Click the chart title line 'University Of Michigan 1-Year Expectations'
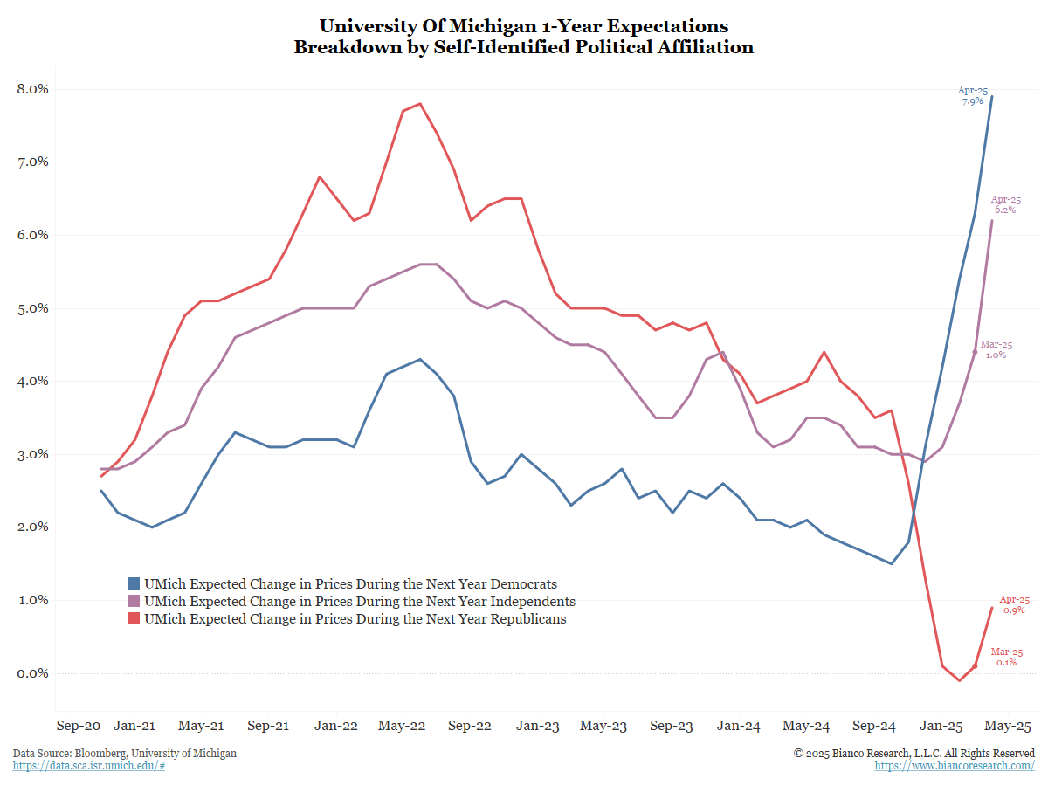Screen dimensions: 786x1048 (523, 26)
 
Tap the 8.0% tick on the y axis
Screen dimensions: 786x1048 (33, 89)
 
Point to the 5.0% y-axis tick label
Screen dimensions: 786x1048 (33, 308)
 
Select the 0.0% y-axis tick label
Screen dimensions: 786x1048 (33, 673)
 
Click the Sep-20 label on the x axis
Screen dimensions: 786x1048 (79, 726)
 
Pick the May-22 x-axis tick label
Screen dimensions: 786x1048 (401, 726)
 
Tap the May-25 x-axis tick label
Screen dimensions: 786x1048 (1009, 726)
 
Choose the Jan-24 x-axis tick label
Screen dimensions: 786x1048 (738, 726)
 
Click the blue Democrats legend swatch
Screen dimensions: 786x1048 (134, 583)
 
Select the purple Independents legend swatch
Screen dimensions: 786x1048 (134, 602)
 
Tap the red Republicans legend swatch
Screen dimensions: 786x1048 (134, 619)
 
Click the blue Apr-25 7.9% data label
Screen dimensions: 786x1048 (972, 95)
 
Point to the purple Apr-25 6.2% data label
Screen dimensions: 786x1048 (1004, 205)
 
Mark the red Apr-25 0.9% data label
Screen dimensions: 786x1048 (1014, 604)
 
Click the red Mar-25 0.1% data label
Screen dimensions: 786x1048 (1006, 658)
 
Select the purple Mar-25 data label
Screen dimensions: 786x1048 (996, 349)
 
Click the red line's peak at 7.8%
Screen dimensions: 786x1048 (420, 104)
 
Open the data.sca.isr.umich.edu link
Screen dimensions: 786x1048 (89, 766)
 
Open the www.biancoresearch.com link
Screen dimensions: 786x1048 (955, 766)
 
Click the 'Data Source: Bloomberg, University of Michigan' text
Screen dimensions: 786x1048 (125, 753)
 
